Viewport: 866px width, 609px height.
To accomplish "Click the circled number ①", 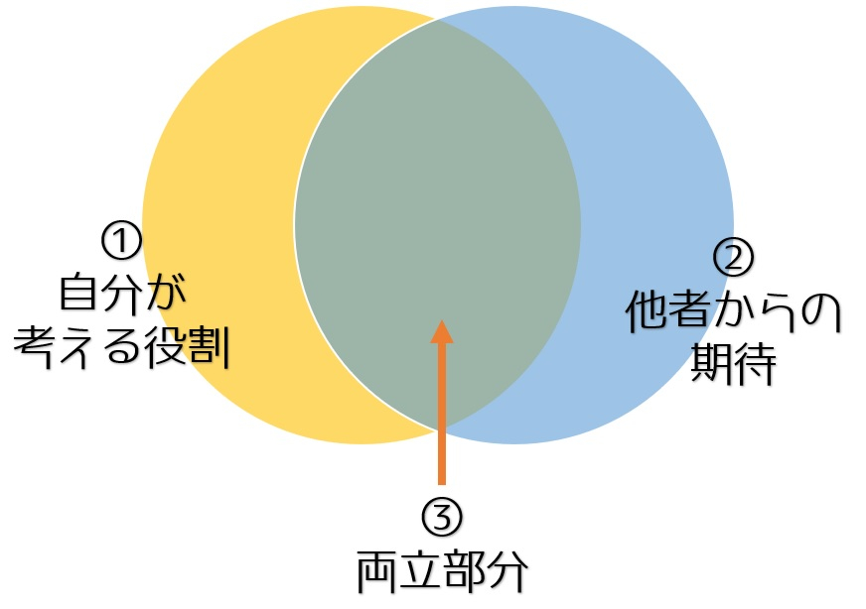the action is point(121,240).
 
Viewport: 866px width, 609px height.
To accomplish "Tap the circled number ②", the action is point(733,258).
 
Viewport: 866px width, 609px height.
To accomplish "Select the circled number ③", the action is point(441,516).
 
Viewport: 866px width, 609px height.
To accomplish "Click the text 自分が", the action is point(122,293).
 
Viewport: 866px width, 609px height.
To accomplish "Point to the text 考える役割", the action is point(121,347).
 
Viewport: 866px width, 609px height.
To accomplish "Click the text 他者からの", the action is point(733,310).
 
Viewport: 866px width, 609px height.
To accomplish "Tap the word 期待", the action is point(734,363).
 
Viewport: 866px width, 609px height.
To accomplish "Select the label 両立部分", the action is point(442,571).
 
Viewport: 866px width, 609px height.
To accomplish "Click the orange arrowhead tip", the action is point(442,319).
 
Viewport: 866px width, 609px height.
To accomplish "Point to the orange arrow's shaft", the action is point(442,414).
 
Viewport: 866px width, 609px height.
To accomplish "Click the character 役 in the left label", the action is point(165,347).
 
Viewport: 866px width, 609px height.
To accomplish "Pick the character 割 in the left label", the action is point(209,347).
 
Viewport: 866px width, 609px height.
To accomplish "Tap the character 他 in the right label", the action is point(647,310).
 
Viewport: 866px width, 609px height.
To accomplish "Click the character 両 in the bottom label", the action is point(377,572).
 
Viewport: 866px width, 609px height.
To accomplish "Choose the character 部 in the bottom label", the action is point(464,572).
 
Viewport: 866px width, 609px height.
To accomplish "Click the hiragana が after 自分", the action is point(166,293).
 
